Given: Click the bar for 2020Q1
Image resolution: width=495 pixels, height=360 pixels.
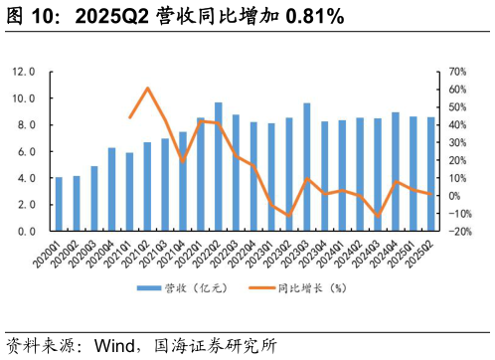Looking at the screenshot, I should pyautogui.click(x=60, y=204).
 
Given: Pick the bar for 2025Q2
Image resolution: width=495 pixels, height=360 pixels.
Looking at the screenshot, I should pyautogui.click(x=430, y=174).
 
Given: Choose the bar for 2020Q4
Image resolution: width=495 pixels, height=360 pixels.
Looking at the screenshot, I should pyautogui.click(x=112, y=189).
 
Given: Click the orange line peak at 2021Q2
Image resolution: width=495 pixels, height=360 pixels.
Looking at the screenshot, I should pyautogui.click(x=147, y=89).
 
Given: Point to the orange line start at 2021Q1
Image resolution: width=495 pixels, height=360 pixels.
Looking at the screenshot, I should pyautogui.click(x=130, y=117).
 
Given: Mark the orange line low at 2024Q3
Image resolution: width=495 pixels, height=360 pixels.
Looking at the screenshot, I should pyautogui.click(x=377, y=215).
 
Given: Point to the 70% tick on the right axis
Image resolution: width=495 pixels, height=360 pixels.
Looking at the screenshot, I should pyautogui.click(x=458, y=73).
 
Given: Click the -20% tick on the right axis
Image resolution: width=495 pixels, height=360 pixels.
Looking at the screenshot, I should pyautogui.click(x=459, y=231).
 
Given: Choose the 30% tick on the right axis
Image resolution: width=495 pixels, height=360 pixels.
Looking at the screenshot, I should pyautogui.click(x=458, y=143).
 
